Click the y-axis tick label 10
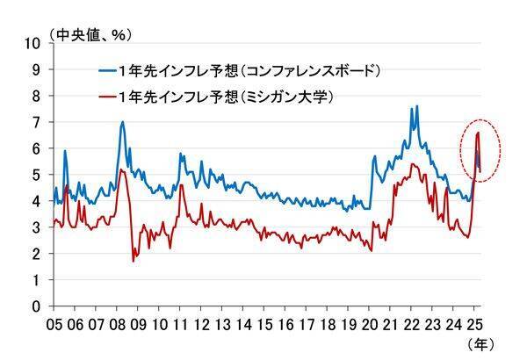point(33,43)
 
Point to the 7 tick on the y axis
point(37,122)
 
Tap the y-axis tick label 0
point(37,306)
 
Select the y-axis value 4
point(37,201)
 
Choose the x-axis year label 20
point(370,323)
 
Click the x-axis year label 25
point(475,323)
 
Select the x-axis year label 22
point(412,323)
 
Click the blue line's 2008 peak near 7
point(122,122)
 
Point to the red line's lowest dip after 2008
point(134,261)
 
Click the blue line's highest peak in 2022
point(416,106)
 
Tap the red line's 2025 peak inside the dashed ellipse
point(477,133)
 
